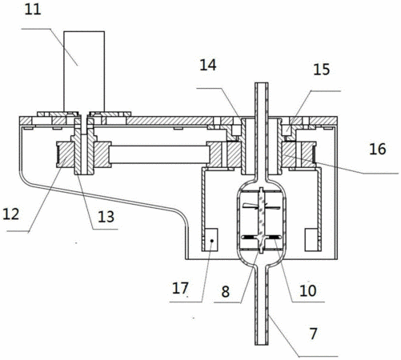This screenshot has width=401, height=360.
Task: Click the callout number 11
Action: pos(33,10)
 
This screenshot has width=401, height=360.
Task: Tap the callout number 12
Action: pos(11,214)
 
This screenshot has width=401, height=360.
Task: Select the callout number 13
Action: pos(106,217)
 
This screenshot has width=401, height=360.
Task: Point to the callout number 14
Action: pos(208,65)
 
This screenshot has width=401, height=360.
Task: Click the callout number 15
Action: pos(322,70)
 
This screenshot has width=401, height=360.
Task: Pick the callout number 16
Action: pos(378,149)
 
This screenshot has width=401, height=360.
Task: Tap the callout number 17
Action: pos(180,288)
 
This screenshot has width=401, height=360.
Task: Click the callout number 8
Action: pos(226,291)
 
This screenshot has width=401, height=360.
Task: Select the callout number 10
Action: pos(308,290)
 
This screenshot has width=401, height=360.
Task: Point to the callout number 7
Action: pos(313,334)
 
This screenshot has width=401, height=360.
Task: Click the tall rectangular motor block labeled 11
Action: pos(84,71)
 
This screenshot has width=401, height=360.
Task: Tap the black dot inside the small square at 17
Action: pos(212,241)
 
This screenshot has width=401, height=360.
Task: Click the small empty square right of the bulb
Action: pos(311,239)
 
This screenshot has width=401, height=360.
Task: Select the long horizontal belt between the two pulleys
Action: pos(159,154)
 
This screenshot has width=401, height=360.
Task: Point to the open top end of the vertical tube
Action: pos(262,83)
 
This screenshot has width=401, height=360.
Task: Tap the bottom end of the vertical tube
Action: pos(262,344)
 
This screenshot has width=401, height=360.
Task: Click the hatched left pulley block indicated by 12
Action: pos(66,155)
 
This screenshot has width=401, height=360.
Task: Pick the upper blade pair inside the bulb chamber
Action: pos(261,206)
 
